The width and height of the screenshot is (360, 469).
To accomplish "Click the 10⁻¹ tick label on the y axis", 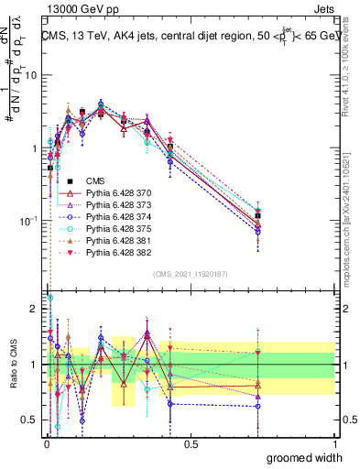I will point(27,220).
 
